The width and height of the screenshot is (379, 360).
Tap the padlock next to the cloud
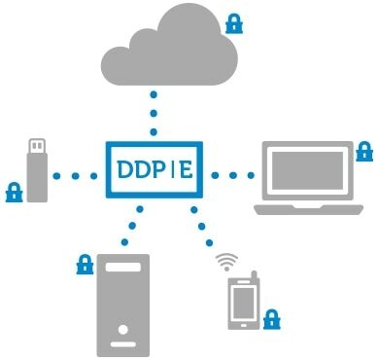(x=233, y=21)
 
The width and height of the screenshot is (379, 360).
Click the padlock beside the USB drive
(x=14, y=191)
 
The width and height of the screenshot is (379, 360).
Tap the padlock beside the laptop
(x=364, y=151)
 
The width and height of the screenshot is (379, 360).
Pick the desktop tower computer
(x=123, y=304)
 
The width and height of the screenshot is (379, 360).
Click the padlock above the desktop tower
(x=85, y=264)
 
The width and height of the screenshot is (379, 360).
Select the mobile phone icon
(x=240, y=302)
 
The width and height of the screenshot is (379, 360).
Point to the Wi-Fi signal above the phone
(x=226, y=261)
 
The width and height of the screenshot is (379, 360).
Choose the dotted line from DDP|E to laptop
(x=230, y=176)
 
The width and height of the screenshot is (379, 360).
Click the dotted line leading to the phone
(x=203, y=227)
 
